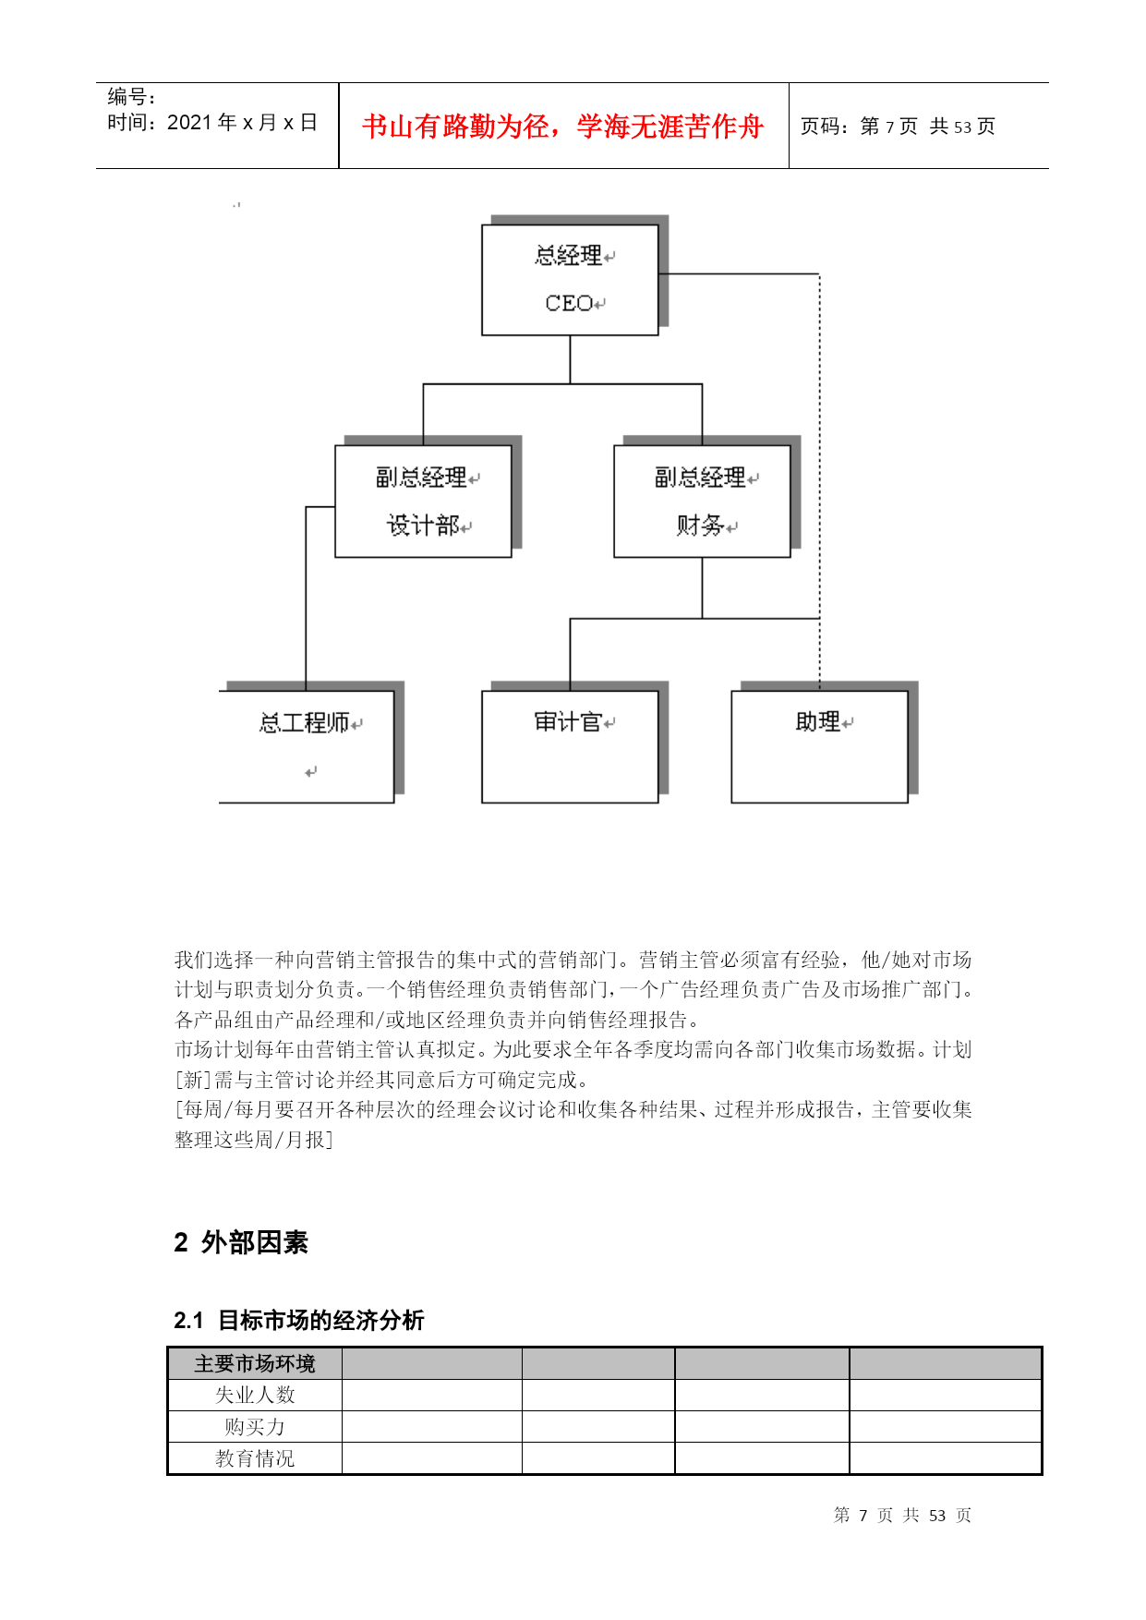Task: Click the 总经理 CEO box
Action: (570, 280)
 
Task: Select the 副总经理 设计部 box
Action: (423, 502)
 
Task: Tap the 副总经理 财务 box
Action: (702, 502)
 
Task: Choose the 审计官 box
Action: (570, 746)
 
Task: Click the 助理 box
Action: (820, 746)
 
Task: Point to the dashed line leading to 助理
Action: (819, 481)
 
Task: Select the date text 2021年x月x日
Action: (242, 123)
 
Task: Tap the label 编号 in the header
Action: (127, 97)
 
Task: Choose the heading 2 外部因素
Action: (241, 1242)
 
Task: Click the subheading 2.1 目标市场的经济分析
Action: (299, 1320)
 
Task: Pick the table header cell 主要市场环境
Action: (255, 1363)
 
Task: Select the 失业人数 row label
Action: (255, 1395)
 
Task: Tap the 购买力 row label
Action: (255, 1427)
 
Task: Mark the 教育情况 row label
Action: (255, 1458)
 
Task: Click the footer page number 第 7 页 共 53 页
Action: (902, 1515)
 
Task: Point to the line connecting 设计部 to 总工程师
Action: (306, 598)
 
